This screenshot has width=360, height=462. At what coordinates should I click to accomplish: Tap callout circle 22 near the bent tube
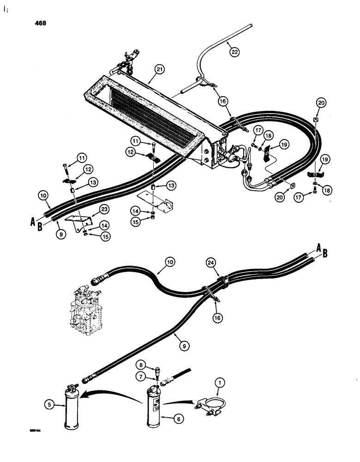[235, 52]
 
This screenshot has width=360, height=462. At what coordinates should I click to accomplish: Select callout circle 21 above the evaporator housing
[159, 70]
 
